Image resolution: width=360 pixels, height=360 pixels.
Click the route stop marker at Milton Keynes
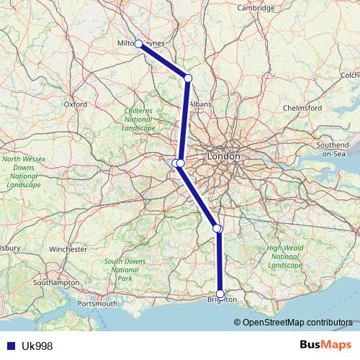[x=138, y=44]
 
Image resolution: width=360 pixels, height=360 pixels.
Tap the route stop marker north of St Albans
[x=188, y=78]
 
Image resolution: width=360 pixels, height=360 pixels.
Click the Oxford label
[x=76, y=104]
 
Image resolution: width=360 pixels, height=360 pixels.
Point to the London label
[x=222, y=156]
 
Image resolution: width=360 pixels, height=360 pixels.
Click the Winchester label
[x=68, y=249]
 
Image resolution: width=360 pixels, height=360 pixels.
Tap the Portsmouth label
[x=96, y=304]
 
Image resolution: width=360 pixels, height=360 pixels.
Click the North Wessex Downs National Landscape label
[x=23, y=171]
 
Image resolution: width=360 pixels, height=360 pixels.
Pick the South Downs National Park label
[x=125, y=269]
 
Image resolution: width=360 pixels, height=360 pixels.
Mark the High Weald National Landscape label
[x=284, y=256]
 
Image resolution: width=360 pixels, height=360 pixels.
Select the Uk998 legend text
[x=37, y=346]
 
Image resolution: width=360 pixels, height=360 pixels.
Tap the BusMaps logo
[x=325, y=346]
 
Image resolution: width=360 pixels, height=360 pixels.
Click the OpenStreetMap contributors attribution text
[x=297, y=323]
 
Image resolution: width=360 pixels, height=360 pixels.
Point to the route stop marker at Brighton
[x=220, y=294]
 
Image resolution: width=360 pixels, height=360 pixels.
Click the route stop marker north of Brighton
[x=217, y=228]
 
